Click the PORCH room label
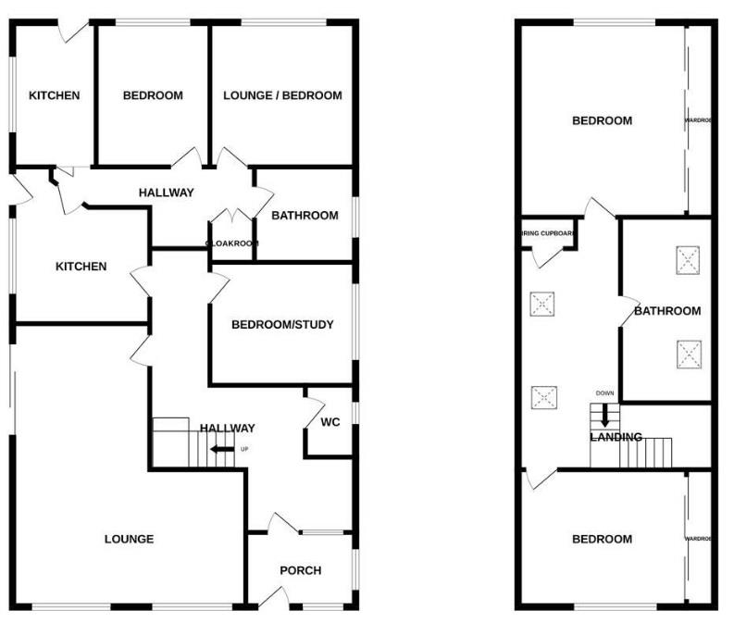[301, 570]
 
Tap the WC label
[330, 422]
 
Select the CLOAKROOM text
[231, 244]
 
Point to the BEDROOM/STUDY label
[282, 325]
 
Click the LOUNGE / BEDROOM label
[282, 95]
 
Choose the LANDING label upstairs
[616, 437]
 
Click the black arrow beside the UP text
[222, 450]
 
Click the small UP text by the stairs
[244, 450]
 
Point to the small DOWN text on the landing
[604, 393]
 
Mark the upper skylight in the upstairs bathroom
[688, 259]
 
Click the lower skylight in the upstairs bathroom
[688, 354]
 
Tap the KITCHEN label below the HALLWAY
[81, 267]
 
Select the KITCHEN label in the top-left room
[54, 95]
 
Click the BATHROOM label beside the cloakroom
[305, 216]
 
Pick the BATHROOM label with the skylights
[667, 311]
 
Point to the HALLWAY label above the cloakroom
[167, 193]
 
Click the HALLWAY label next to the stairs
[228, 428]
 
